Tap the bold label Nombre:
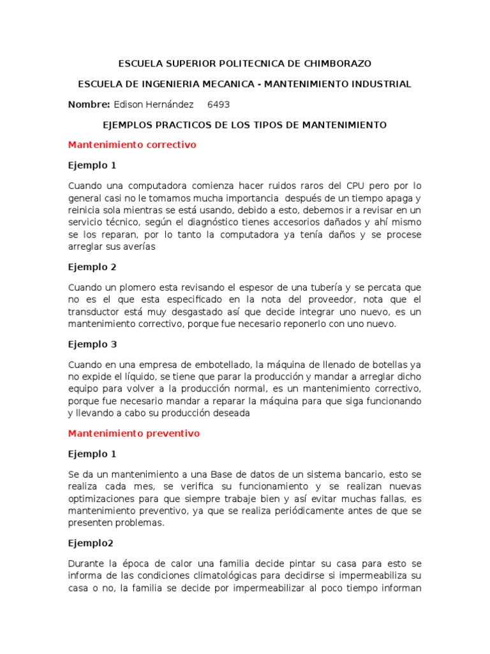(x=89, y=105)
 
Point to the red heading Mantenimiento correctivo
(x=132, y=145)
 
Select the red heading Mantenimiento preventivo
(x=134, y=434)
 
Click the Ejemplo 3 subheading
(x=93, y=344)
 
